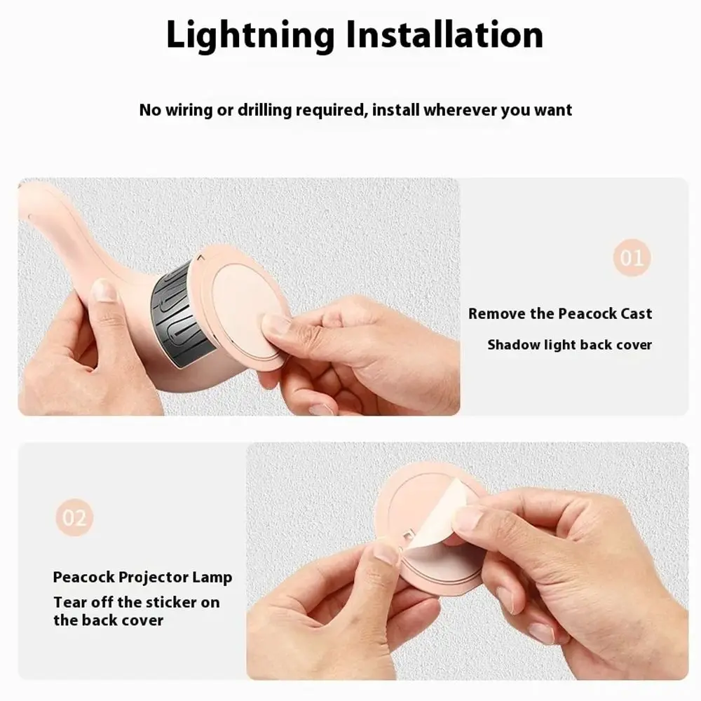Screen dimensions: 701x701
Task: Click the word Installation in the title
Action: pos(447,36)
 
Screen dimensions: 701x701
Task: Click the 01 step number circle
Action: pos(632,258)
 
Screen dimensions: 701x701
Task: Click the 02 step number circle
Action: pos(74,518)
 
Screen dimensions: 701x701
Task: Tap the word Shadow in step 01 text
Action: pos(513,345)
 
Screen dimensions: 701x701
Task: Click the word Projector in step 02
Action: pos(153,578)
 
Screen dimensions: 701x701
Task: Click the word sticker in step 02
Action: pos(175,602)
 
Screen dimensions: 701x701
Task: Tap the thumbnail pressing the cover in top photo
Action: pos(275,324)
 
